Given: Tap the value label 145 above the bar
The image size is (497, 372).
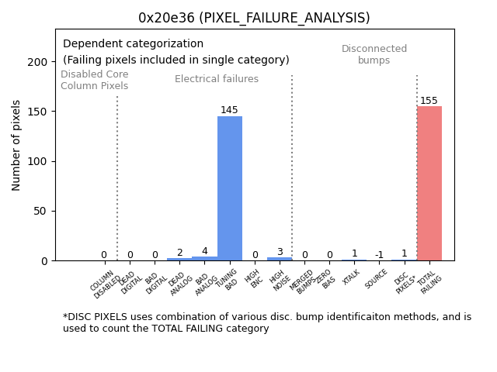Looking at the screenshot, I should tap(229, 110).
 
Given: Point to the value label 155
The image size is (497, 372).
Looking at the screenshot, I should tap(429, 101).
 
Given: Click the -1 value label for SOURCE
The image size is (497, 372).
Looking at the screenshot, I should tap(379, 255).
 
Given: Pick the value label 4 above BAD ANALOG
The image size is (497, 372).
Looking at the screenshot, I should tap(204, 251).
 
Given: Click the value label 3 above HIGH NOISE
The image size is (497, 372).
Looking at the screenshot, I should tap(280, 252).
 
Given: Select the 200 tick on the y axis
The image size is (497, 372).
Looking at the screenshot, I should tap(37, 62).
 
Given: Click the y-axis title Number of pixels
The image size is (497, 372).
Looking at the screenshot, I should tap(16, 145).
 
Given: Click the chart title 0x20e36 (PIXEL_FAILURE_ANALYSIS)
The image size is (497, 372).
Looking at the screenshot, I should tap(254, 18).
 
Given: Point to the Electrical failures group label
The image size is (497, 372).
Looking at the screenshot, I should tap(217, 79).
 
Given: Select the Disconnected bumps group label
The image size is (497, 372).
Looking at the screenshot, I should tap(374, 54).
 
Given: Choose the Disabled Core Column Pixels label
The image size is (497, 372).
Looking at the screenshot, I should tap(95, 80).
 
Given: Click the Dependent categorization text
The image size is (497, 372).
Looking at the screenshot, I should tap(133, 44).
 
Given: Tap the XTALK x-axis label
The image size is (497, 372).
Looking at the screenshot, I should tap(352, 278).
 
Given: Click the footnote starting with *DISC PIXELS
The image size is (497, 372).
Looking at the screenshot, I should tap(266, 322).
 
